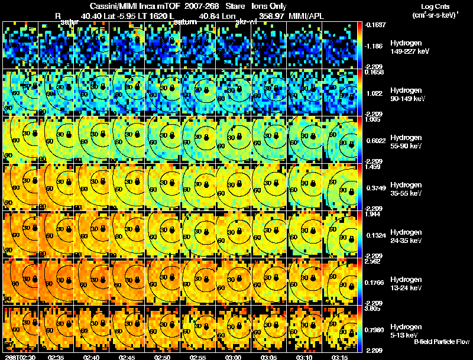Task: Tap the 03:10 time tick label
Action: pyautogui.click(x=304, y=357)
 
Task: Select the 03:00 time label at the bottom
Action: pyautogui.click(x=233, y=357)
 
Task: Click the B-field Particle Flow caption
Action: pyautogui.click(x=441, y=342)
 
